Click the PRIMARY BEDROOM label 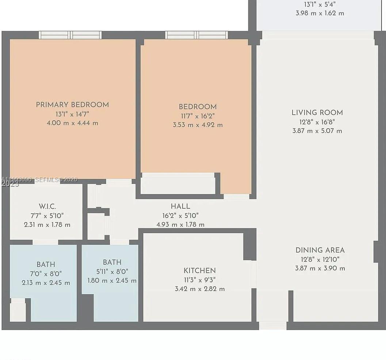pos(72,105)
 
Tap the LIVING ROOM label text pos(317,113)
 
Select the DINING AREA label pos(320,250)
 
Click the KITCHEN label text pos(199,271)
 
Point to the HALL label pos(180,206)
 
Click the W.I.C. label pos(47,206)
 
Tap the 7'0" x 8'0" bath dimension pos(46,273)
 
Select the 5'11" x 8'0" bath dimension pos(112,272)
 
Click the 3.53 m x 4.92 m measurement pos(198,125)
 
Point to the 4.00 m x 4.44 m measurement pos(72,123)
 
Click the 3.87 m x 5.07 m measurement pos(317,131)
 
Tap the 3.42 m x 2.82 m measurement pos(200,289)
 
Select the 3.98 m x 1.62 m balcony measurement pos(320,13)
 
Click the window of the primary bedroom pos(70,35)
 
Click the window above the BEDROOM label pos(196,35)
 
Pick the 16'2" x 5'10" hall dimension pos(180,216)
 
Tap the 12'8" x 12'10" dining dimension pos(320,259)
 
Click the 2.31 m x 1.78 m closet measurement pos(47,225)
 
